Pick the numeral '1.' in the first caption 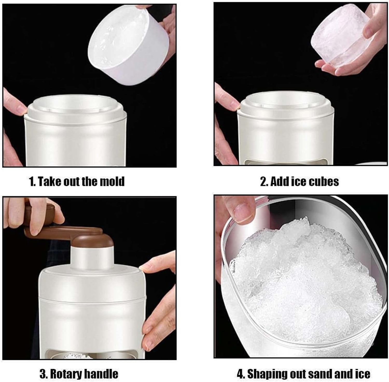tap(32, 181)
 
